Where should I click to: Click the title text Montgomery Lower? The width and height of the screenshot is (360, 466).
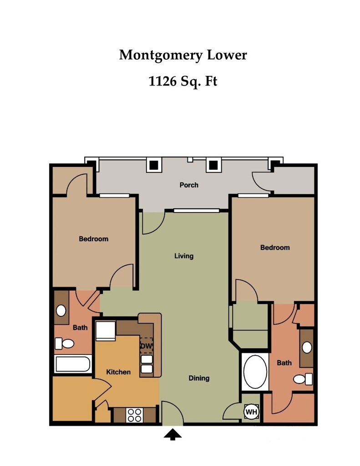click(183, 55)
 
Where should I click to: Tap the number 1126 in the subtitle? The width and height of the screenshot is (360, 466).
click(162, 81)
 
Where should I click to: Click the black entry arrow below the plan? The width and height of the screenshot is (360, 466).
click(172, 436)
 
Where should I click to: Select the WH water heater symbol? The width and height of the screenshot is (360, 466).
click(251, 412)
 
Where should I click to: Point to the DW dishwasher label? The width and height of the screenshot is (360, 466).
click(146, 346)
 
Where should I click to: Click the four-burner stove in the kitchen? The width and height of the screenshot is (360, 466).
click(134, 415)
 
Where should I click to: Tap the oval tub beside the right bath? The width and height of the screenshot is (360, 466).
click(255, 371)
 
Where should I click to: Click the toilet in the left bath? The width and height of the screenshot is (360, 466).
click(65, 344)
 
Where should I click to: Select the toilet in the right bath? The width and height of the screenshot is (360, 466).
click(303, 379)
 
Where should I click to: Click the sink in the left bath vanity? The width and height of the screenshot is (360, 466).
click(61, 310)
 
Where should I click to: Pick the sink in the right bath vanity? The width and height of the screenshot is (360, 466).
click(307, 347)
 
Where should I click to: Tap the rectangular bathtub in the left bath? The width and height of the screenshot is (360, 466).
click(72, 364)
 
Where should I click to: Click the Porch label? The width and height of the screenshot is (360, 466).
click(189, 185)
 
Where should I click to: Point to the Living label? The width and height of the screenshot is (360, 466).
click(184, 256)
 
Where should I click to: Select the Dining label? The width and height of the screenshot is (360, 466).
click(199, 378)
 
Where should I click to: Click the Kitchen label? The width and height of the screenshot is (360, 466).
click(118, 372)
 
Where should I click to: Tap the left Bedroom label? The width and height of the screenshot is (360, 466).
click(94, 238)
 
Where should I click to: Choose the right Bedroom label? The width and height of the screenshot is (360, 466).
click(275, 247)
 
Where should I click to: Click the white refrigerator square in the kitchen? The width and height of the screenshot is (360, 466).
click(105, 330)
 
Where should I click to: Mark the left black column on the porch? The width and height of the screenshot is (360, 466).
click(154, 164)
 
